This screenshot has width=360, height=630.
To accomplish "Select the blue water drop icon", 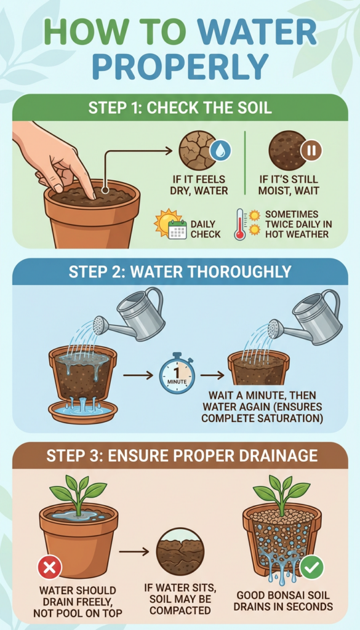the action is pos(220,151).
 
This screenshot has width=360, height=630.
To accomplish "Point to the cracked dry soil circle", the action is pos(198,150).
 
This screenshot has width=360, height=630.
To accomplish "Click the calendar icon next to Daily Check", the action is pos(177,229).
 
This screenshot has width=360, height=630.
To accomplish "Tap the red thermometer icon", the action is pos(240,224).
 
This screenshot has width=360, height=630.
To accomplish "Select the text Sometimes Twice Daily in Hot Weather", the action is pos(298,224).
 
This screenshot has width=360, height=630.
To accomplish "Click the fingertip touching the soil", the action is pos(91,195).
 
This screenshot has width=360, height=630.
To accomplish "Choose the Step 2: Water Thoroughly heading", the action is pos(180,272).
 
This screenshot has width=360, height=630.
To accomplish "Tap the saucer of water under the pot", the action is pos(82,411).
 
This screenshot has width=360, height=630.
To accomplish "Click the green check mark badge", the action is pos(312,567).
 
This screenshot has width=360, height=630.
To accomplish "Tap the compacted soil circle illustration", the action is pos(180,552).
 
